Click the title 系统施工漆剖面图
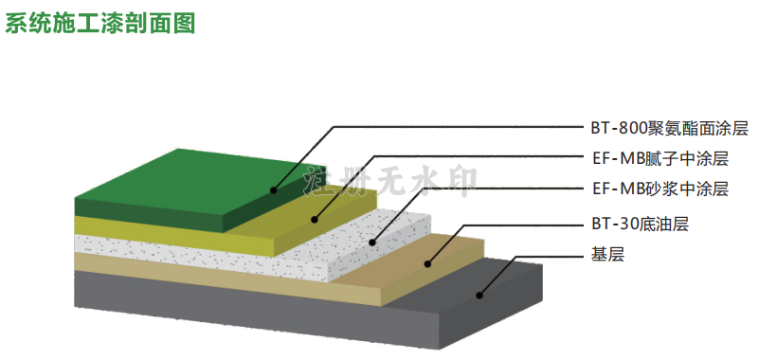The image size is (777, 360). click(100, 23)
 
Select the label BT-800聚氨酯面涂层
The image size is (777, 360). click(669, 129)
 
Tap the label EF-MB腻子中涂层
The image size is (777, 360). click(660, 159)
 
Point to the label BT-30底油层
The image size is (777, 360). click(640, 225)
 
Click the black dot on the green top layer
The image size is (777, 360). click(273, 189)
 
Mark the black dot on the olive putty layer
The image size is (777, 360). click(315, 220)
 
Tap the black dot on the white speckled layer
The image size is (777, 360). click(372, 243)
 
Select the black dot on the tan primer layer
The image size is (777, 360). click(427, 264)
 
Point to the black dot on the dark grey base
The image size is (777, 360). click(479, 296)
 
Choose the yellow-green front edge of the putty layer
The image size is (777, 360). click(174, 237)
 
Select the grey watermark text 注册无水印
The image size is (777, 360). click(391, 182)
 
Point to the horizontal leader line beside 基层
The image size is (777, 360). click(551, 256)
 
